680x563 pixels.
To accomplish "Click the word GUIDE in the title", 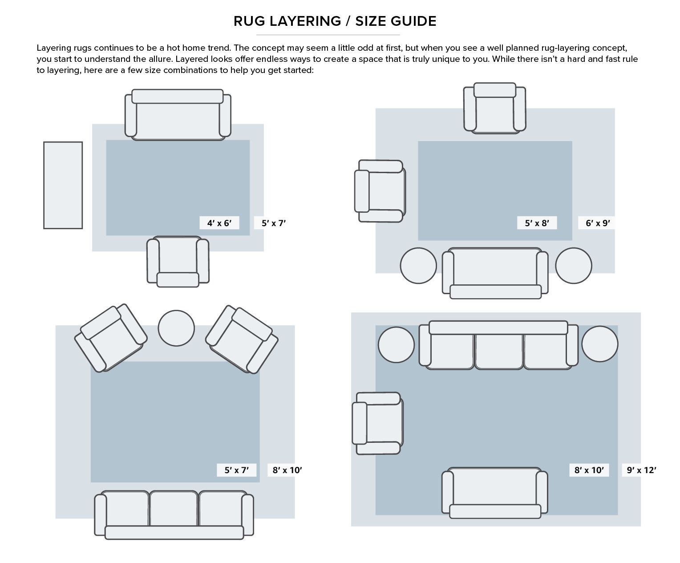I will pyautogui.click(x=413, y=21).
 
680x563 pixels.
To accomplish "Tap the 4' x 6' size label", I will pyautogui.click(x=219, y=223).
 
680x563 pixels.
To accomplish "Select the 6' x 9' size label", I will pyautogui.click(x=597, y=223).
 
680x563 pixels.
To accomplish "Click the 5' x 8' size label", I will pyautogui.click(x=537, y=223).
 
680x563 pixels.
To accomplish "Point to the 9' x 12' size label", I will pyautogui.click(x=641, y=470).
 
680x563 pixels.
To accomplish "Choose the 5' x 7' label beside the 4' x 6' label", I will pyautogui.click(x=273, y=223).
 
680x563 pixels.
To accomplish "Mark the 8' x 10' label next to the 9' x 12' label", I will pyautogui.click(x=589, y=470).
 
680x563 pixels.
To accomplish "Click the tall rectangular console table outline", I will pyautogui.click(x=63, y=185).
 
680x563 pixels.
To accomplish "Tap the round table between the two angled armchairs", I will pyautogui.click(x=176, y=328).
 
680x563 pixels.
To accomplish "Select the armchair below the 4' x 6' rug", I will pyautogui.click(x=178, y=261).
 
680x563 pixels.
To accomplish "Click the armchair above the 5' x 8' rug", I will pyautogui.click(x=494, y=108).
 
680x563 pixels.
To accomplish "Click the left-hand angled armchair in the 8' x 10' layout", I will pyautogui.click(x=110, y=338).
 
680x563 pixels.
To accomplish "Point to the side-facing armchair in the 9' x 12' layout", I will pyautogui.click(x=378, y=423).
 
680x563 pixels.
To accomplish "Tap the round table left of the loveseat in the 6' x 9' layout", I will pyautogui.click(x=418, y=266).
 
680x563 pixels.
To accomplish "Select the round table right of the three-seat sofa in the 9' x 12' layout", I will pyautogui.click(x=599, y=344).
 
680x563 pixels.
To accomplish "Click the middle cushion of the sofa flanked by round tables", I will pyautogui.click(x=498, y=351).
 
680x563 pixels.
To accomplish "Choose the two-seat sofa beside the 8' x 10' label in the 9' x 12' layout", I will pyautogui.click(x=494, y=493).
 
